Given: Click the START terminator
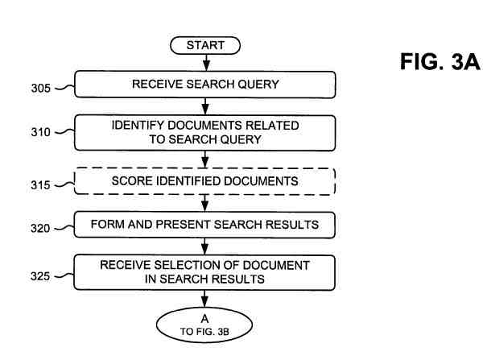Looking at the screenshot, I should [205, 46].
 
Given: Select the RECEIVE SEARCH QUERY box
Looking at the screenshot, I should [205, 83].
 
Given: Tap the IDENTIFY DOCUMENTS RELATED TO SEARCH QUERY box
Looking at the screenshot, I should [205, 132].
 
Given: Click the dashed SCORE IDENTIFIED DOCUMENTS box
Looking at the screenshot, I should [205, 182].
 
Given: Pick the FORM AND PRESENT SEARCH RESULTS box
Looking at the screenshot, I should [205, 226].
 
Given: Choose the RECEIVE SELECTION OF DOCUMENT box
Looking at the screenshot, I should [205, 272].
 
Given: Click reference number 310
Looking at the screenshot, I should [39, 134].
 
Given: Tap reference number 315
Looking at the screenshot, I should [39, 185].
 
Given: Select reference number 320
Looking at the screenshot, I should [39, 229].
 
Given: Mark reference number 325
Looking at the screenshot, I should [39, 277].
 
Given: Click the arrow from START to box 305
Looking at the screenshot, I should [205, 62].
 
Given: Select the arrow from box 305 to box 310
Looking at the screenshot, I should [205, 105].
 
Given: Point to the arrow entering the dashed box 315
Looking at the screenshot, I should [205, 159].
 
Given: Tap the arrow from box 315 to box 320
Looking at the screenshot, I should [205, 204].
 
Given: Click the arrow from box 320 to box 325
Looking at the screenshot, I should [205, 246].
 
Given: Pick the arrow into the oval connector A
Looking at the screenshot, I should [205, 299].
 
